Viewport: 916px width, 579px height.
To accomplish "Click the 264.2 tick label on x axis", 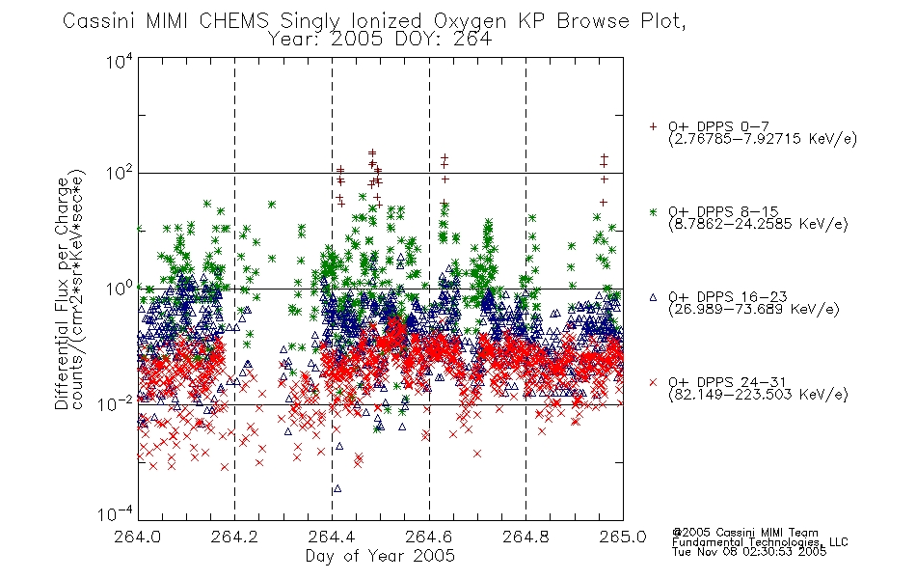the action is (234, 537).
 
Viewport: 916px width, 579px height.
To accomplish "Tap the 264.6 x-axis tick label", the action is (429, 537).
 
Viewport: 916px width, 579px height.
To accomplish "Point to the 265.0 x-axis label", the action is (623, 537).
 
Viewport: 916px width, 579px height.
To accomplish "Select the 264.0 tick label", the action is (137, 537).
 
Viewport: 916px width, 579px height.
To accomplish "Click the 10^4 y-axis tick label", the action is (120, 61).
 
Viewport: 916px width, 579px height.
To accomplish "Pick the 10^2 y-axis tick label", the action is (120, 173).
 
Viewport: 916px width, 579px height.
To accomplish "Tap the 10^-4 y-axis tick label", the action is (116, 513).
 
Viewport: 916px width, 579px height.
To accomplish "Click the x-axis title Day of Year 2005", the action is (380, 556).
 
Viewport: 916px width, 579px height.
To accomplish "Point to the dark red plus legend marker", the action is (653, 126).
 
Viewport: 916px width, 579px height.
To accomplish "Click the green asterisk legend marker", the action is (653, 211).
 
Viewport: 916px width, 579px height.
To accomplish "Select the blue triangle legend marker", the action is (653, 297).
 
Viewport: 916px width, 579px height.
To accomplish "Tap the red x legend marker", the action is (653, 382).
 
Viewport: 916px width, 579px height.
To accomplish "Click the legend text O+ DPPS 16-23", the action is (728, 296).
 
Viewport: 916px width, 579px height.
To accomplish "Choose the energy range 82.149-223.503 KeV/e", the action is (758, 395).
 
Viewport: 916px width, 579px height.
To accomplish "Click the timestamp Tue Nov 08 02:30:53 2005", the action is (749, 552).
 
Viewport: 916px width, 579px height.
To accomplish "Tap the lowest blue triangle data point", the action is (337, 488).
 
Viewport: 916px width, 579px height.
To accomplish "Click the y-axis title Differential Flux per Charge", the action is (62, 293).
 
